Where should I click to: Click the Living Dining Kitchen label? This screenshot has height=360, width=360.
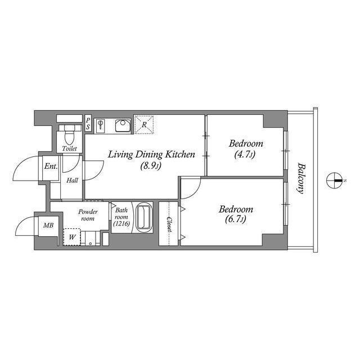pyautogui.click(x=151, y=154)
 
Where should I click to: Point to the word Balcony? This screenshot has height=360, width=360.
pyautogui.click(x=301, y=178)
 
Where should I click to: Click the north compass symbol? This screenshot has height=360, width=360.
pyautogui.click(x=335, y=180)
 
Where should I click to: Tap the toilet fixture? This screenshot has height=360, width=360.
pyautogui.click(x=70, y=136)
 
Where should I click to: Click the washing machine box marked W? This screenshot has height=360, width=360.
pyautogui.click(x=72, y=237)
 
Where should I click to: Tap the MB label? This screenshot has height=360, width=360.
pyautogui.click(x=49, y=226)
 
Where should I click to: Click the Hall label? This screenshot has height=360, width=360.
pyautogui.click(x=72, y=181)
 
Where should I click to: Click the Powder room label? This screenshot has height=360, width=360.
pyautogui.click(x=88, y=215)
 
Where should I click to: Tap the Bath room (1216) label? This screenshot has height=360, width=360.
pyautogui.click(x=121, y=218)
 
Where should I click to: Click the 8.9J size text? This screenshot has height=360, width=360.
pyautogui.click(x=151, y=166)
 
